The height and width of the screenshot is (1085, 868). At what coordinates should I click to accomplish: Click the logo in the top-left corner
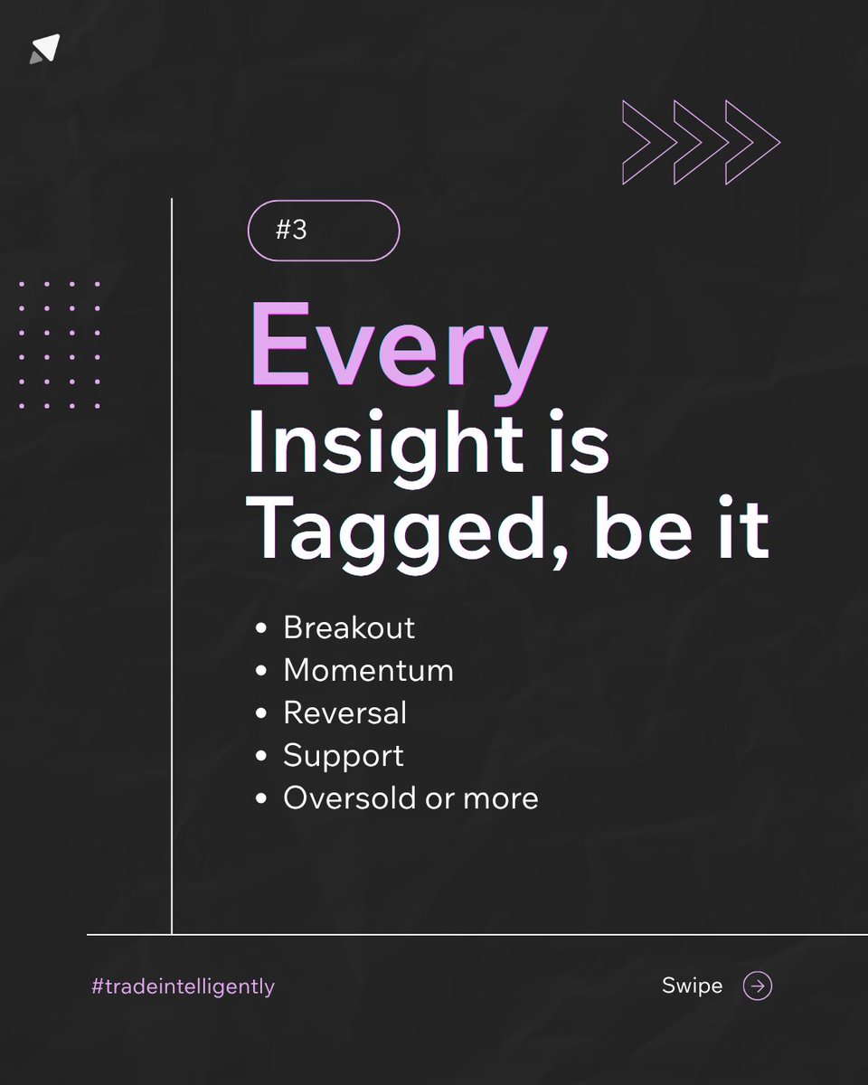pos(45,50)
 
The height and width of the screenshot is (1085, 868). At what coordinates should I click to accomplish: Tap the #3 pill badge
pos(323,231)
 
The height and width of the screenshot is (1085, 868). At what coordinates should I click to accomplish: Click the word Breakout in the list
pos(349,627)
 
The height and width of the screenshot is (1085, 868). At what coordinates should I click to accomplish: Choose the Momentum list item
pos(368,670)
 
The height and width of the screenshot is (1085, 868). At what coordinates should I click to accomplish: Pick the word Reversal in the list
pos(344,712)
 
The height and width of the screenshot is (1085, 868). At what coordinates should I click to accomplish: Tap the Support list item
pos(344,756)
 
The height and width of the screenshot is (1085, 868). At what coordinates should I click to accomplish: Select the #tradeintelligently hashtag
pos(183,986)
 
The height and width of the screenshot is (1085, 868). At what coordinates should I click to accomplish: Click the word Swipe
pos(692,986)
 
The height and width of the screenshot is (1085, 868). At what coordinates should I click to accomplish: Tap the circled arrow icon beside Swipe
pos(758,986)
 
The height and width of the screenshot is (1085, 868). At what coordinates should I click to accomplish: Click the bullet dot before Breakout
pos(261,628)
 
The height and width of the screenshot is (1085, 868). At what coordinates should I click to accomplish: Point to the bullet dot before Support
pos(261,757)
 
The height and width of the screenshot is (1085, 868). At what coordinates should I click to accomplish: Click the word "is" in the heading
pos(582,445)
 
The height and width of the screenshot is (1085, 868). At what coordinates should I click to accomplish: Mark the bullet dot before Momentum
pos(261,671)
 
